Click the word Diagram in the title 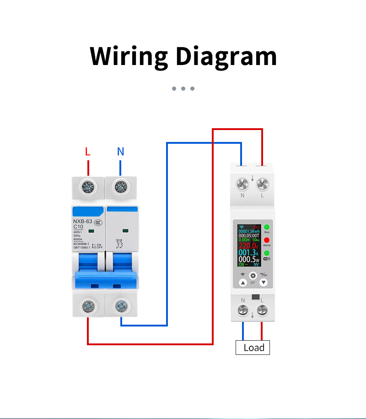click(x=226, y=56)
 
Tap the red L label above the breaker click(x=88, y=152)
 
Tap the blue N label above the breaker click(x=120, y=152)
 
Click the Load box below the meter click(x=253, y=348)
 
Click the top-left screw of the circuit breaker click(x=87, y=186)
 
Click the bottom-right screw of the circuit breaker click(x=121, y=305)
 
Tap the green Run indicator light click(x=267, y=227)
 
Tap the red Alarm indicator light click(x=267, y=240)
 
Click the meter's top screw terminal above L click(x=262, y=185)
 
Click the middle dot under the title click(x=183, y=88)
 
